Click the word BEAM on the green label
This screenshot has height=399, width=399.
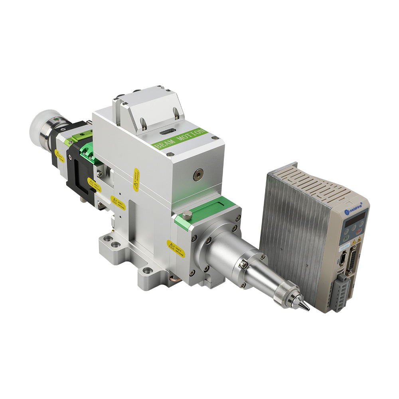tap(165, 143)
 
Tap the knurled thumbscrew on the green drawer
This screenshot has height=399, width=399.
tap(186, 216)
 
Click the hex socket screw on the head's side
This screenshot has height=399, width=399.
tap(198, 173)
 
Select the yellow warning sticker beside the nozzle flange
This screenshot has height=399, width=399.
tap(176, 249)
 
